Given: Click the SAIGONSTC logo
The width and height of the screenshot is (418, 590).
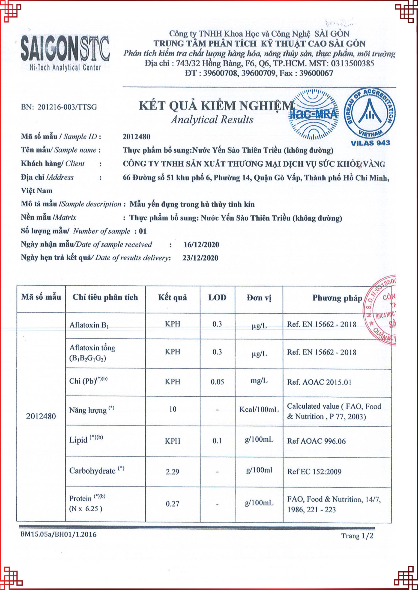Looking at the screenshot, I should tap(65, 53).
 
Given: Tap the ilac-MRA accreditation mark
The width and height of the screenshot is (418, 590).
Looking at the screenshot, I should tap(313, 114).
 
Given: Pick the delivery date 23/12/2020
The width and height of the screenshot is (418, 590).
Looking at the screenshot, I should tap(200, 258).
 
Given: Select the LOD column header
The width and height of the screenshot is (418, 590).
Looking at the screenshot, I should tap(217, 298).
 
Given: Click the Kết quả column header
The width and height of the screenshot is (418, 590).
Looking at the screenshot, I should tap(173, 298).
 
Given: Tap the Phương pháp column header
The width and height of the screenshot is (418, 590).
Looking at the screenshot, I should tap(337, 298).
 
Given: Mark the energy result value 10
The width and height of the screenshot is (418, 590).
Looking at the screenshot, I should tap(173, 409).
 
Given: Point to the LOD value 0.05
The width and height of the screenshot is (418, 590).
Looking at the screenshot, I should tap(217, 382).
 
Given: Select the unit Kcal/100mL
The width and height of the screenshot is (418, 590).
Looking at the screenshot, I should tap(259, 409).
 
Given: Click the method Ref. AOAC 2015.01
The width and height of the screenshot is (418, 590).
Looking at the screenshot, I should tap(319, 382).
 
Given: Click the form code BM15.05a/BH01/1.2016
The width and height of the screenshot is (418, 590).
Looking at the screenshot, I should tap(58, 534).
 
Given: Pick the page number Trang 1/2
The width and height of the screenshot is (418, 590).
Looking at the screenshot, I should tap(357, 536).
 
